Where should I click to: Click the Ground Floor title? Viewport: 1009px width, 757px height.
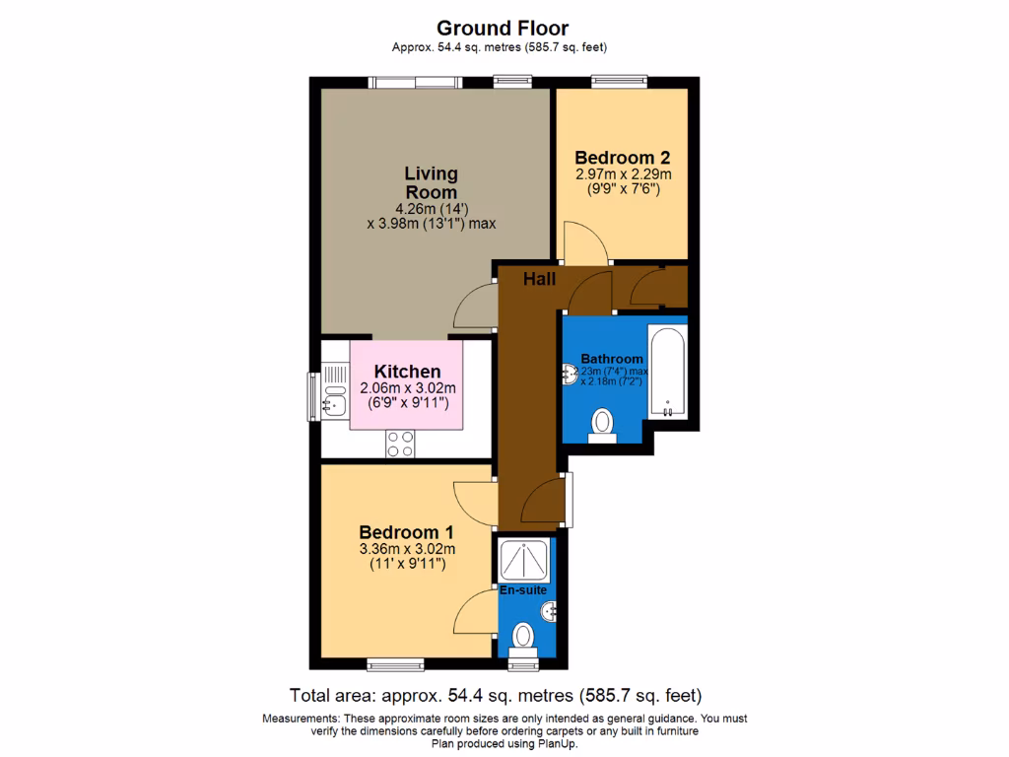(503, 29)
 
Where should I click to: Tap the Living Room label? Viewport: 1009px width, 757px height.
(431, 182)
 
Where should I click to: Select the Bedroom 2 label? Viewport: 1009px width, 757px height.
(623, 157)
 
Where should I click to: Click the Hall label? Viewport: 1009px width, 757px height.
(539, 280)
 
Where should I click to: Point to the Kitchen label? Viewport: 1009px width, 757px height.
(407, 372)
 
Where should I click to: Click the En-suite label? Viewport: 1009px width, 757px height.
(522, 590)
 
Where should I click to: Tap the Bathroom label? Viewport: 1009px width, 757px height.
(611, 359)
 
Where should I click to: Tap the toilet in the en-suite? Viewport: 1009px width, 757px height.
(523, 636)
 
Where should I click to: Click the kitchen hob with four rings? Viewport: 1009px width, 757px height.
(400, 444)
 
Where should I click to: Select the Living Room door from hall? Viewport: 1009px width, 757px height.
(476, 306)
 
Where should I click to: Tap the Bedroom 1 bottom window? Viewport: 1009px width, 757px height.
(396, 662)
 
